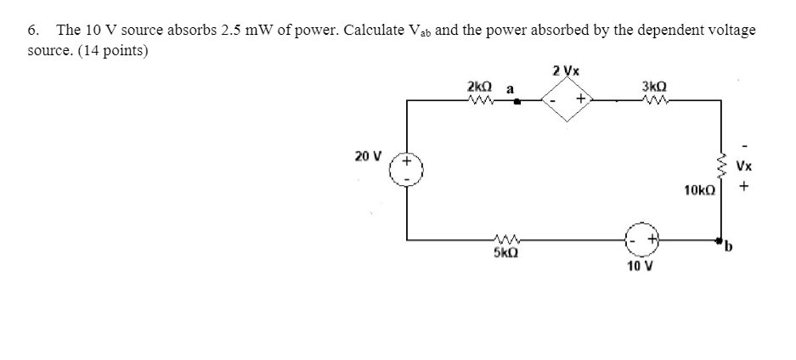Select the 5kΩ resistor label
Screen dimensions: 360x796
coord(505,253)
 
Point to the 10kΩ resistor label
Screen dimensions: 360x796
coord(701,193)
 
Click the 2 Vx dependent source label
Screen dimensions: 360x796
coord(566,70)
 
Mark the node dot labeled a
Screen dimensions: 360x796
coord(517,100)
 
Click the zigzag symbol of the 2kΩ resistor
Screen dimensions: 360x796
coord(482,100)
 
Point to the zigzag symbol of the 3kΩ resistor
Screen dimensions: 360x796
coord(656,100)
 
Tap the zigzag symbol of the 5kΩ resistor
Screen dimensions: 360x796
coord(505,240)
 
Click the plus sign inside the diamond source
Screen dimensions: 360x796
coord(581,100)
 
